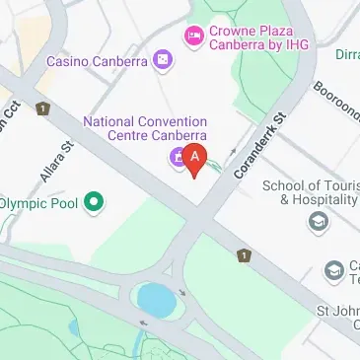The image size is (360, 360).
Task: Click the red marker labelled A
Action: click(x=195, y=157)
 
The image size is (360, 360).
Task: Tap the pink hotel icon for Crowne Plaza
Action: click(x=193, y=37)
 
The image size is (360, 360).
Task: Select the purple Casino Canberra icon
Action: click(x=162, y=62)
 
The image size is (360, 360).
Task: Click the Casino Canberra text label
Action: click(x=97, y=62)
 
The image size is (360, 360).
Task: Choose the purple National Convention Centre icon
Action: click(x=177, y=157)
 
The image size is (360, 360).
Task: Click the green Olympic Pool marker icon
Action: click(x=94, y=203)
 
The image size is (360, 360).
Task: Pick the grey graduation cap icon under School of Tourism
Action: click(x=318, y=222)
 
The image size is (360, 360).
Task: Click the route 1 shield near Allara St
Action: click(x=42, y=108)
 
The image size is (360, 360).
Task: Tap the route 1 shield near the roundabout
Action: click(x=243, y=255)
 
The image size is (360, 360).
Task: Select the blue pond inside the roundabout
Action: click(x=155, y=296)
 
